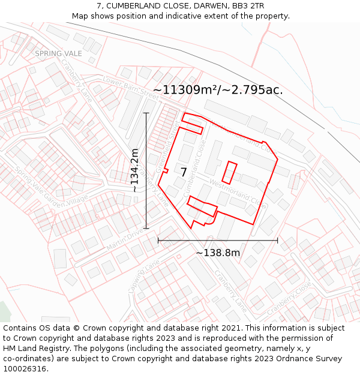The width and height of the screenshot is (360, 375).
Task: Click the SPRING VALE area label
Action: coord(58,53)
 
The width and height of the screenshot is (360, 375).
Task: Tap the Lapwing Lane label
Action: coord(143,275)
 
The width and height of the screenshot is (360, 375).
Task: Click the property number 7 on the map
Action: coord(184,172)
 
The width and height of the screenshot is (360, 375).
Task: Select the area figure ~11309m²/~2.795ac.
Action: coord(218,90)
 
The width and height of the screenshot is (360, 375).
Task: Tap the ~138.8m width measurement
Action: coord(218,253)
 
